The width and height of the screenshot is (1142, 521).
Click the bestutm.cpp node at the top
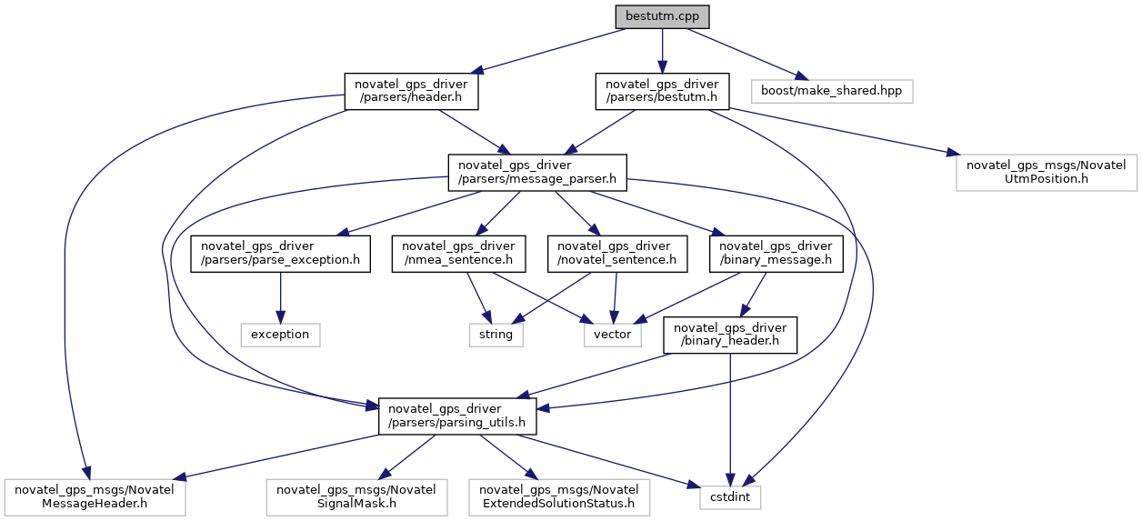click(662, 16)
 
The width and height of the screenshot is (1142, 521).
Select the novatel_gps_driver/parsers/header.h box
click(411, 92)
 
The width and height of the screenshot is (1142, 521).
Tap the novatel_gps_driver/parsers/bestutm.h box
click(662, 92)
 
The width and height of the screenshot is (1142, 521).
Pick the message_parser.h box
click(537, 172)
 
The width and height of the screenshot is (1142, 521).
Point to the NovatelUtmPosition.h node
click(1046, 172)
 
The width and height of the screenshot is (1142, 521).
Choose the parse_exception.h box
click(280, 254)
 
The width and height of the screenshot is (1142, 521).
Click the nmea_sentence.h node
click(459, 254)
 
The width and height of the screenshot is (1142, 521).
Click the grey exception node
click(280, 334)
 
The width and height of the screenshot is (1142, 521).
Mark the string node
click(496, 334)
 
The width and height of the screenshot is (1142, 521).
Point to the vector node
click(612, 334)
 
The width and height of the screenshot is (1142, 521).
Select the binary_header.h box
click(730, 335)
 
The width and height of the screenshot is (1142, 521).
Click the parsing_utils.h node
click(457, 416)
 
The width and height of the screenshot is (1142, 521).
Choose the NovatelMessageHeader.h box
click(95, 496)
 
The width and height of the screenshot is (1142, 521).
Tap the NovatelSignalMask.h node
click(356, 496)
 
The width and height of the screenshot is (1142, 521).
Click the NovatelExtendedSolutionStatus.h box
click(559, 496)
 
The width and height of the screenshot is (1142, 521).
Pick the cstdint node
click(730, 497)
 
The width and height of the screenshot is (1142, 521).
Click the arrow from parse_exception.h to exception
click(280, 296)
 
